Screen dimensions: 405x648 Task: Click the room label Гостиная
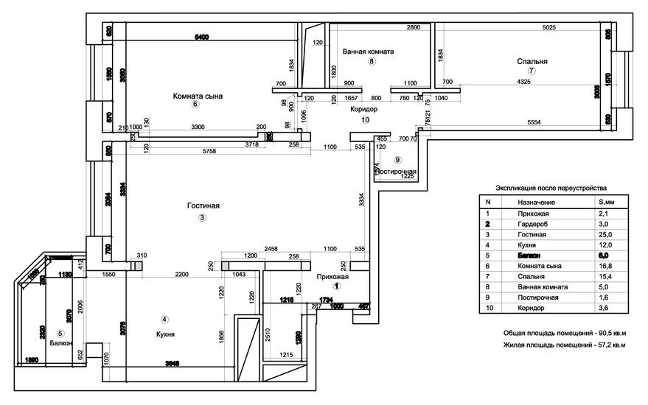[203, 206]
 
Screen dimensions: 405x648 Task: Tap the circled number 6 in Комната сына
[195, 104]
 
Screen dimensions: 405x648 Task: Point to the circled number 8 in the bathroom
[372, 62]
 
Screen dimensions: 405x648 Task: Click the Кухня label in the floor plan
[165, 334]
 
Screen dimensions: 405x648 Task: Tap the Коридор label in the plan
[364, 108]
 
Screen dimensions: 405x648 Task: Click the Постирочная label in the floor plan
[397, 172]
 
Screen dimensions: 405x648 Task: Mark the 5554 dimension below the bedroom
[540, 122]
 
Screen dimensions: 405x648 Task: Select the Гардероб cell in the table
[532, 223]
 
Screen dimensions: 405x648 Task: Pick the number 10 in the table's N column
[487, 309]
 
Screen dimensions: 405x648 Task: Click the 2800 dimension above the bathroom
[413, 28]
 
